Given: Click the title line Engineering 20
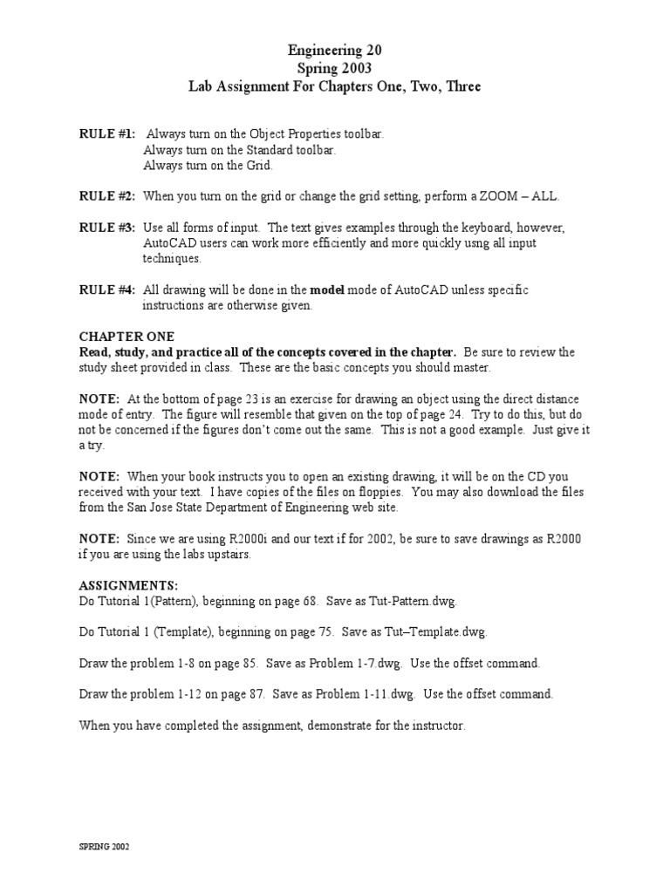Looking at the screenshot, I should (335, 51).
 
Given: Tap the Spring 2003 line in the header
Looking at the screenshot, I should (335, 69).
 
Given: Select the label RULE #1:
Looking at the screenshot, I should (107, 134).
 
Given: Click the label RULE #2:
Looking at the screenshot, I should (107, 196).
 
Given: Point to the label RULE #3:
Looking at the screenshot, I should (107, 228).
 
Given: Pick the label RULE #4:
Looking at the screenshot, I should (107, 290).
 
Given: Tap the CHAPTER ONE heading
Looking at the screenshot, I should (126, 337).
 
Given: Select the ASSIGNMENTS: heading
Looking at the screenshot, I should (128, 585).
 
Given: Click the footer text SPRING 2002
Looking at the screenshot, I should (104, 847).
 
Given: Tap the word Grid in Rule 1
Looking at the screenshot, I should (257, 165).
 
